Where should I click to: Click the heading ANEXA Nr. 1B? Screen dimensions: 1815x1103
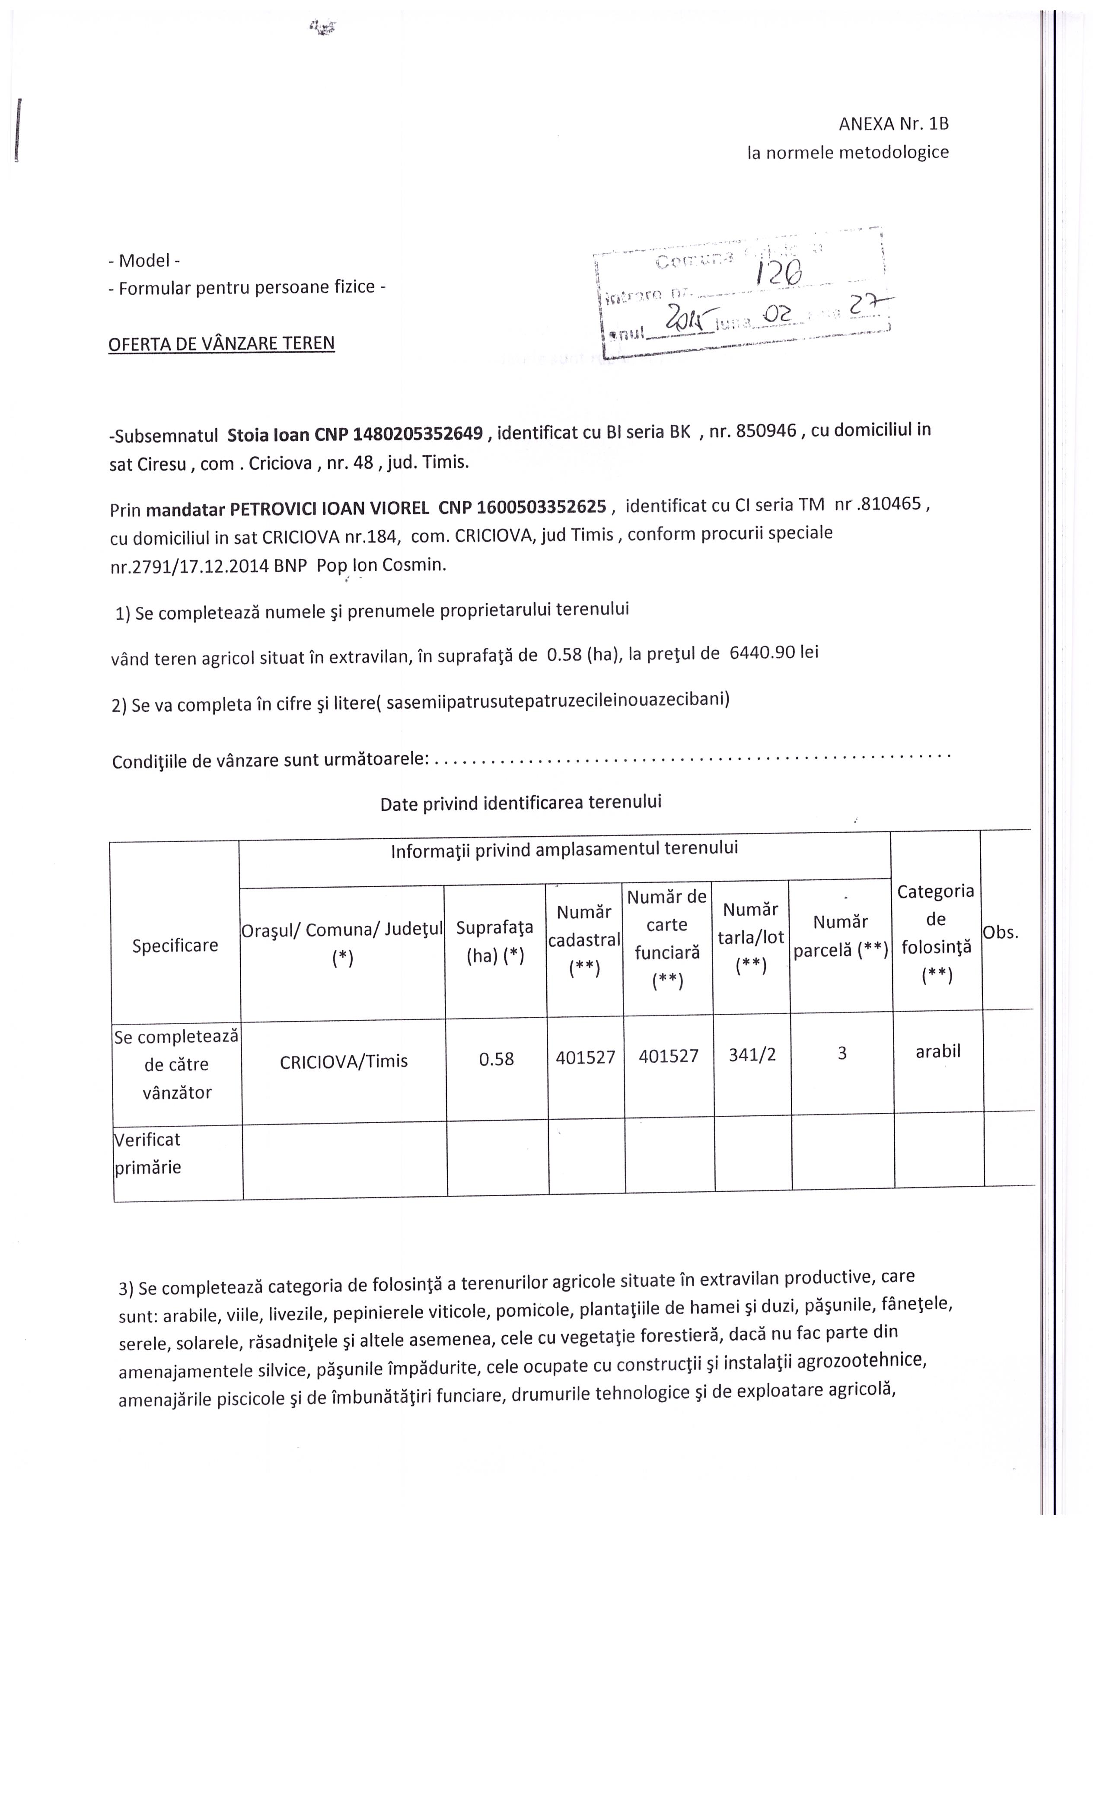[893, 124]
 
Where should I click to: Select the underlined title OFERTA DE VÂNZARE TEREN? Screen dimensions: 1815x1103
[221, 343]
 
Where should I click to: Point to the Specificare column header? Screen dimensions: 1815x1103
[175, 945]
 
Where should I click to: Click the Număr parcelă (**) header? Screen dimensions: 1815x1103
[840, 936]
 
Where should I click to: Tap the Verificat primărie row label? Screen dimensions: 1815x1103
[147, 1153]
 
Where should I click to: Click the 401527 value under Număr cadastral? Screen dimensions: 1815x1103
[585, 1057]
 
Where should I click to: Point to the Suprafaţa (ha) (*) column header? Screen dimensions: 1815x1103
[494, 941]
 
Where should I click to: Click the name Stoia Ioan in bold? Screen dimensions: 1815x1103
[268, 435]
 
